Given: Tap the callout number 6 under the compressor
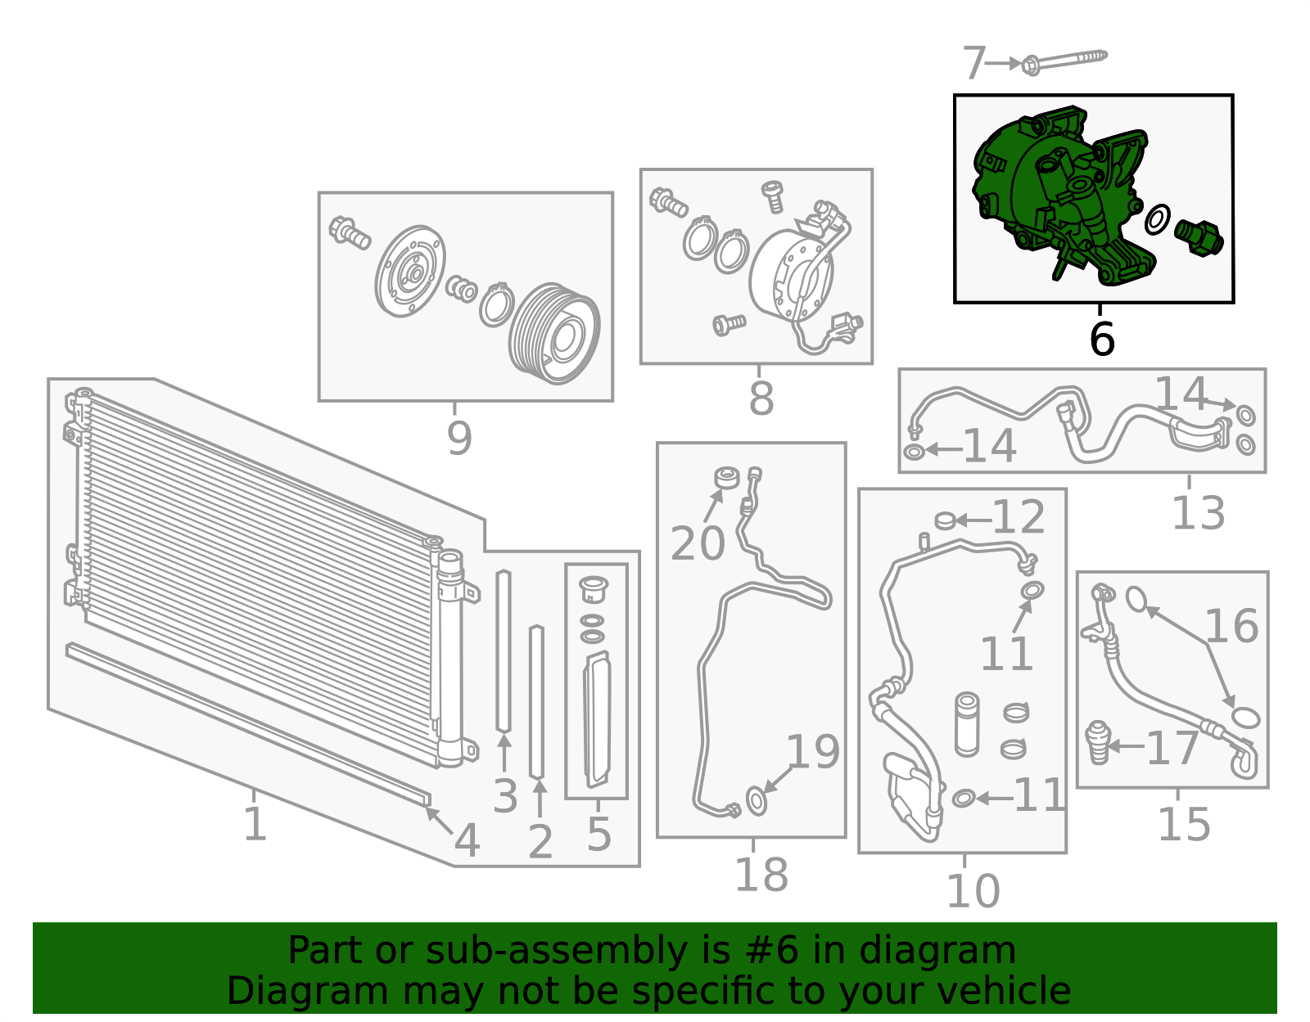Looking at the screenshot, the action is (1102, 339).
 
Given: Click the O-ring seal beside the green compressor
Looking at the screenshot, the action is (1158, 220).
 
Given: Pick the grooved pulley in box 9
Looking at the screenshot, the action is (554, 333).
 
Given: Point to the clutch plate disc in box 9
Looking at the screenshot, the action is (410, 271).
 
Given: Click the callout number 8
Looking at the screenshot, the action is (761, 398).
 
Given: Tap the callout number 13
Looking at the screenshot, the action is (1197, 512).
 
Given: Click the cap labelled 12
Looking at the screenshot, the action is (945, 520).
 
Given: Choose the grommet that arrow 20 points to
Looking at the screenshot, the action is (726, 478).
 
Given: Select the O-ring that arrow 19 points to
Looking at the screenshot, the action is (757, 800).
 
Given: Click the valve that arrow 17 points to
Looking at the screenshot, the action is (1097, 742).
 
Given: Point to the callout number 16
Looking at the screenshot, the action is (1231, 626).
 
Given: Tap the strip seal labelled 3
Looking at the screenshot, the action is (504, 651).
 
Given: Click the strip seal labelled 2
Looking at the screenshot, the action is (536, 702).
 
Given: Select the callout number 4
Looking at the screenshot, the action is (468, 840).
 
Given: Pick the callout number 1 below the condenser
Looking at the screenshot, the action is (255, 824).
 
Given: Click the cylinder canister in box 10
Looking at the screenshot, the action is (966, 724).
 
